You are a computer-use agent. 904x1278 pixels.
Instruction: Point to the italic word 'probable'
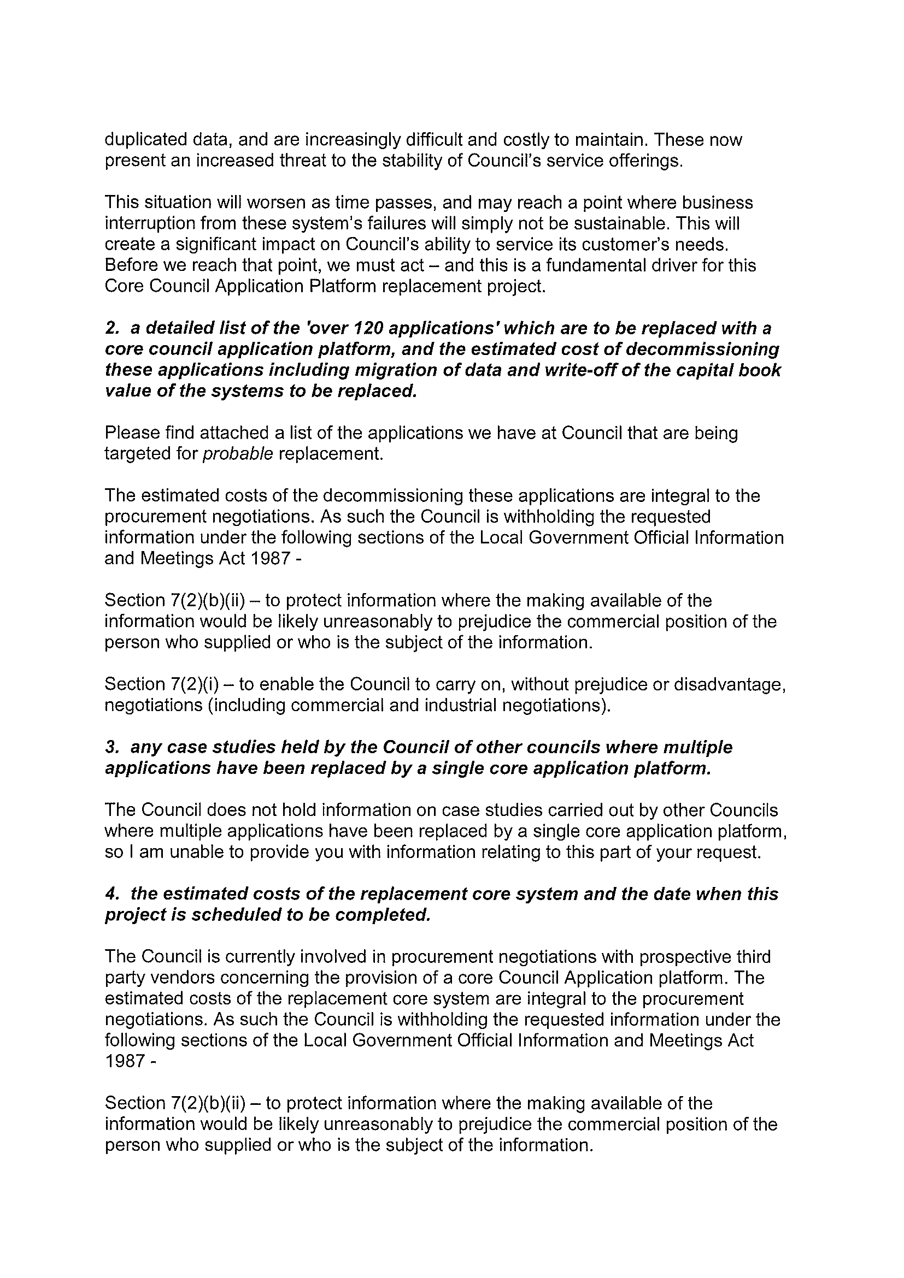coord(237,454)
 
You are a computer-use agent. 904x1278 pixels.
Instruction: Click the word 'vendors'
coord(165,978)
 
